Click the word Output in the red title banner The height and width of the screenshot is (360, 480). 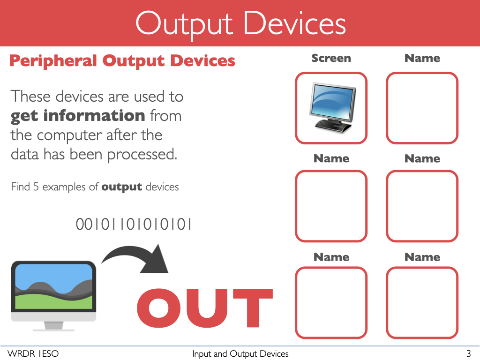[184, 24]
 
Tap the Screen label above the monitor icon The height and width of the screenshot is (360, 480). [331, 58]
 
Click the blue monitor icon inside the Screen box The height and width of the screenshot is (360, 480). [332, 108]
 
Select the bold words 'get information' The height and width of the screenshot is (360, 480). [78, 116]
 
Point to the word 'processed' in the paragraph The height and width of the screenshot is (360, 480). [142, 154]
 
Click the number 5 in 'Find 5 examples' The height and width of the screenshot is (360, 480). [36, 187]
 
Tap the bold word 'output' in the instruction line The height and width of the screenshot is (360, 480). [121, 187]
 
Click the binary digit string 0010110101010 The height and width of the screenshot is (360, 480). [134, 224]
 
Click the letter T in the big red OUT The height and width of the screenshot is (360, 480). [253, 308]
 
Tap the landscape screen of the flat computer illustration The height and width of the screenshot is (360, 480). [53, 286]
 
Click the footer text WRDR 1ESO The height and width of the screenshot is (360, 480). [33, 353]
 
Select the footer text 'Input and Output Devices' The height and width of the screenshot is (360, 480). [240, 354]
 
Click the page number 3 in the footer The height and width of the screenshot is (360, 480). [468, 353]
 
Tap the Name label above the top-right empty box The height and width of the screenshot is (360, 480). [422, 58]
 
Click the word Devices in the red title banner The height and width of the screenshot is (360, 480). [295, 24]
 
